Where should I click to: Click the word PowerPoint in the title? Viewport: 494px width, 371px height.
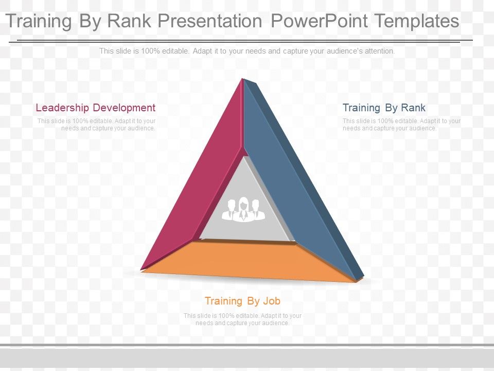319,21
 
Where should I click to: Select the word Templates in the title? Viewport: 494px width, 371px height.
417,21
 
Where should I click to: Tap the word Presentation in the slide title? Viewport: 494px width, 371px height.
210,21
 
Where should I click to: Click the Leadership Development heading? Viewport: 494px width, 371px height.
96,108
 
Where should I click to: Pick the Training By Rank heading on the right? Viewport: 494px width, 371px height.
384,108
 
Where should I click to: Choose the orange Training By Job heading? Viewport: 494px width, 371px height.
242,301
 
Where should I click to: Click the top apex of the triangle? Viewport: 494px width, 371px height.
242,78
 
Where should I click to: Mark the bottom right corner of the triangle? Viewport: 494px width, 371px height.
362,279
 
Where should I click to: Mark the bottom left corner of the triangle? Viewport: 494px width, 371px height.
141,269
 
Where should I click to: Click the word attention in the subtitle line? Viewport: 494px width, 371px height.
380,51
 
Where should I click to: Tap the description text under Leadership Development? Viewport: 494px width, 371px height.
96,125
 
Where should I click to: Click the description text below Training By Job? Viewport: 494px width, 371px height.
242,319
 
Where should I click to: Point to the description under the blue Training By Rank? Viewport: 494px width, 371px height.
402,125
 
